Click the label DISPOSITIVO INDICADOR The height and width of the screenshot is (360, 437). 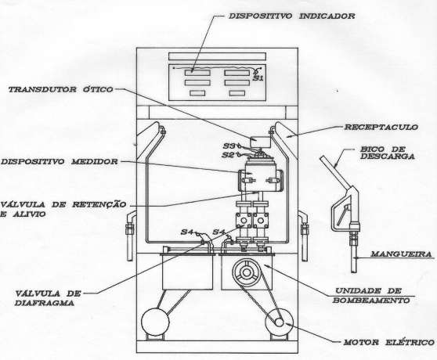(292, 16)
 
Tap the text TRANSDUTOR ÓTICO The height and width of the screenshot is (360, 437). (61, 89)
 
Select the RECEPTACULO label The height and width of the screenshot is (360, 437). (381, 128)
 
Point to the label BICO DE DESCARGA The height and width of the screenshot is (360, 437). (388, 153)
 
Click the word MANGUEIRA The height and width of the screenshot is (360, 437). (401, 254)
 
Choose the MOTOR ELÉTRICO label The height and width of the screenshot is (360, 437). (388, 342)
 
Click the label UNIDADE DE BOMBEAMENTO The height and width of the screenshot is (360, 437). (371, 296)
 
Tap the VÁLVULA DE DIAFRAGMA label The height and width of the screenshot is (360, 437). (48, 298)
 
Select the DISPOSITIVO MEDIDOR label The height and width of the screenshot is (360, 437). (60, 161)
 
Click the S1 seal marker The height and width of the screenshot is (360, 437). (258, 78)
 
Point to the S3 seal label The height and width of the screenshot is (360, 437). (229, 146)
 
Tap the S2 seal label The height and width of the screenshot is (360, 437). (228, 155)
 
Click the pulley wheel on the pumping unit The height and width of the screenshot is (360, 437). (247, 272)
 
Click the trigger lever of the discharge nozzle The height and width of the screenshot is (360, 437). (343, 214)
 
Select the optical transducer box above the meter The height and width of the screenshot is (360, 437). (260, 142)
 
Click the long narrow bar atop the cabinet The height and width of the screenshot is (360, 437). (217, 56)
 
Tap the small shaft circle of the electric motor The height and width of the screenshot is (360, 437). (279, 322)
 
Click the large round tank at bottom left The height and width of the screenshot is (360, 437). (155, 322)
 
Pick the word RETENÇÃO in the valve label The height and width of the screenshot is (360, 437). (99, 204)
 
